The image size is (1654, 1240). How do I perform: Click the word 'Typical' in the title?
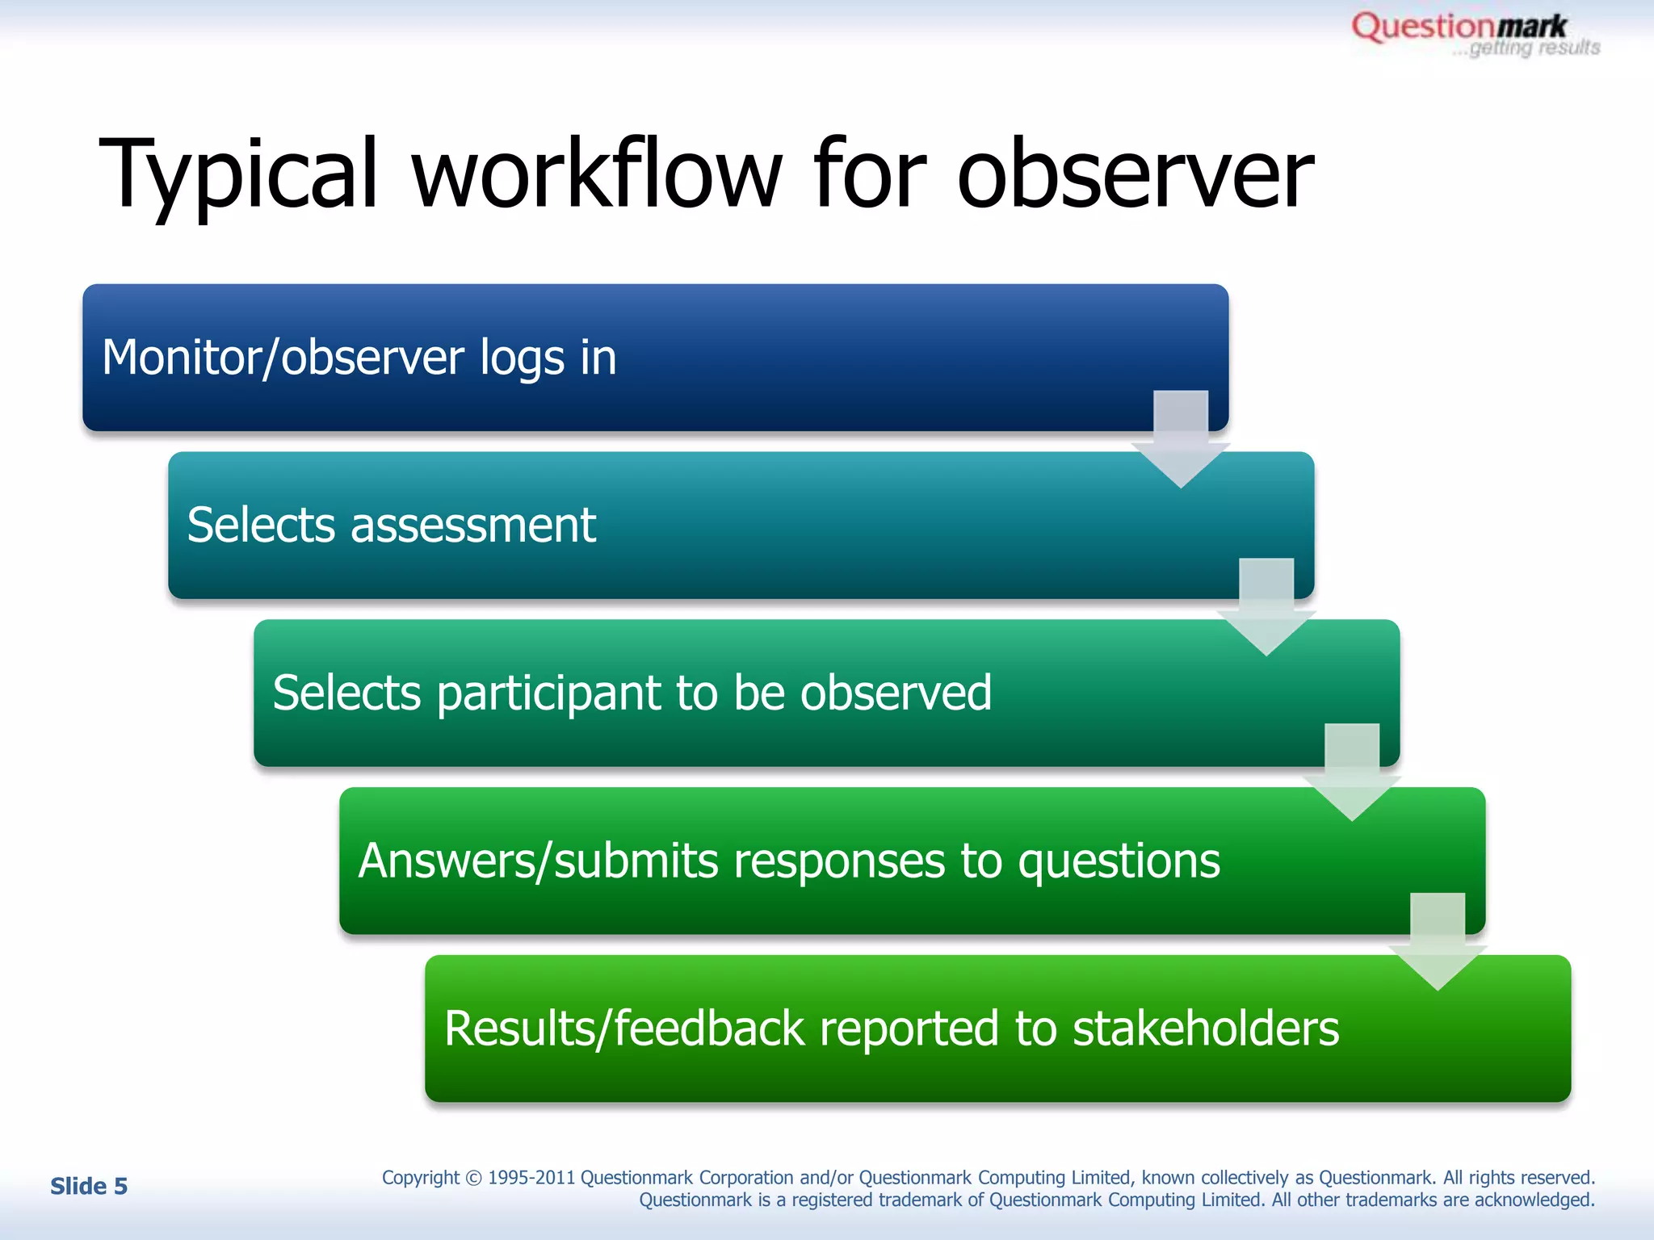239,174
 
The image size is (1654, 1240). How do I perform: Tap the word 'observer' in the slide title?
1135,174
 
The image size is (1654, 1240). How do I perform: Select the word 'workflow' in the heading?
598,174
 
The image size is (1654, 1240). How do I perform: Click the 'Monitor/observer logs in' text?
359,358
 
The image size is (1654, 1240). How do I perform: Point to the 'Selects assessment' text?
392,526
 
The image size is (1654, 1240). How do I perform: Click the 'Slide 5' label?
89,1186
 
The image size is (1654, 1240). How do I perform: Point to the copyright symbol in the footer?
473,1178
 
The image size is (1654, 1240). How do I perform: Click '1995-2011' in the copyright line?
531,1178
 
